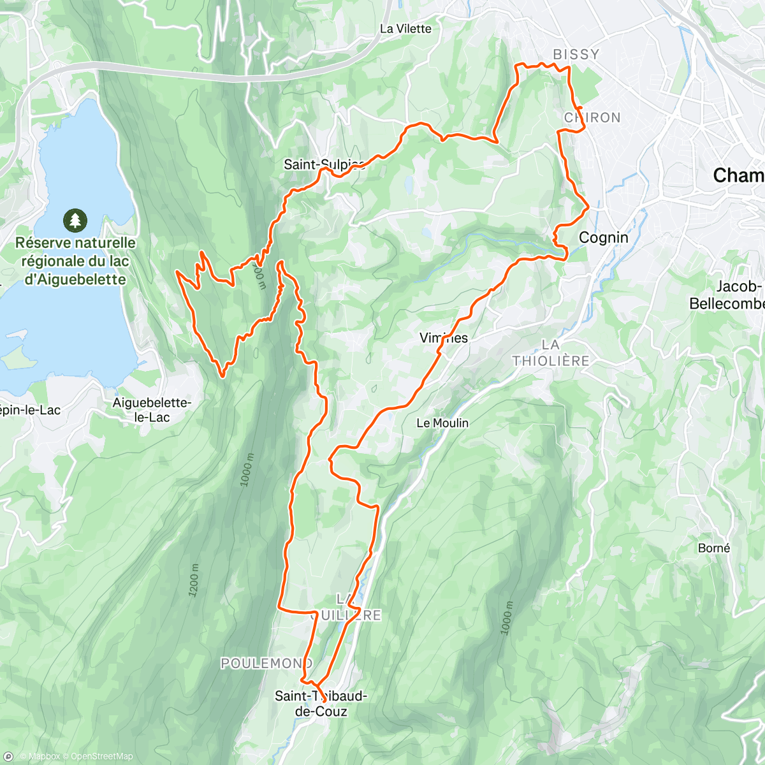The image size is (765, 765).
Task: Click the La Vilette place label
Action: (405, 29)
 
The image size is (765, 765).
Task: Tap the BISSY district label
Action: (576, 54)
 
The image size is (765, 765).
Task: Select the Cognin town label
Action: (603, 237)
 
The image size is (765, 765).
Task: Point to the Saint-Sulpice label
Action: (323, 164)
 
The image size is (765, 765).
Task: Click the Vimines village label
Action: (444, 338)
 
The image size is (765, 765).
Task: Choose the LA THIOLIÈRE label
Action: (551, 353)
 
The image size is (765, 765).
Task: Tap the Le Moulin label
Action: (442, 423)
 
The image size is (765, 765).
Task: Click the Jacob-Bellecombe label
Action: (727, 295)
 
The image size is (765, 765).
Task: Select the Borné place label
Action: (714, 548)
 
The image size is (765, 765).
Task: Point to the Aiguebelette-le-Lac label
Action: (151, 410)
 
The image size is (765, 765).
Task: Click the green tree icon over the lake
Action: (75, 221)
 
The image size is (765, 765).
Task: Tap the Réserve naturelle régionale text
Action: (75, 261)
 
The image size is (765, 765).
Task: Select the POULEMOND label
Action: (266, 664)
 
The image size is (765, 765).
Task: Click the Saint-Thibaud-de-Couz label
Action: (311, 703)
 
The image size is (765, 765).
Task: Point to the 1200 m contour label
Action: (194, 581)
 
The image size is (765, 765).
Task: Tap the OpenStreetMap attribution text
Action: (101, 757)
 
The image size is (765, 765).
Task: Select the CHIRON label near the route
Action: (592, 117)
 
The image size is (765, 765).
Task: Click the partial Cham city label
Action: (738, 175)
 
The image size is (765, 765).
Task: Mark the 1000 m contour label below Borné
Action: (507, 617)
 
